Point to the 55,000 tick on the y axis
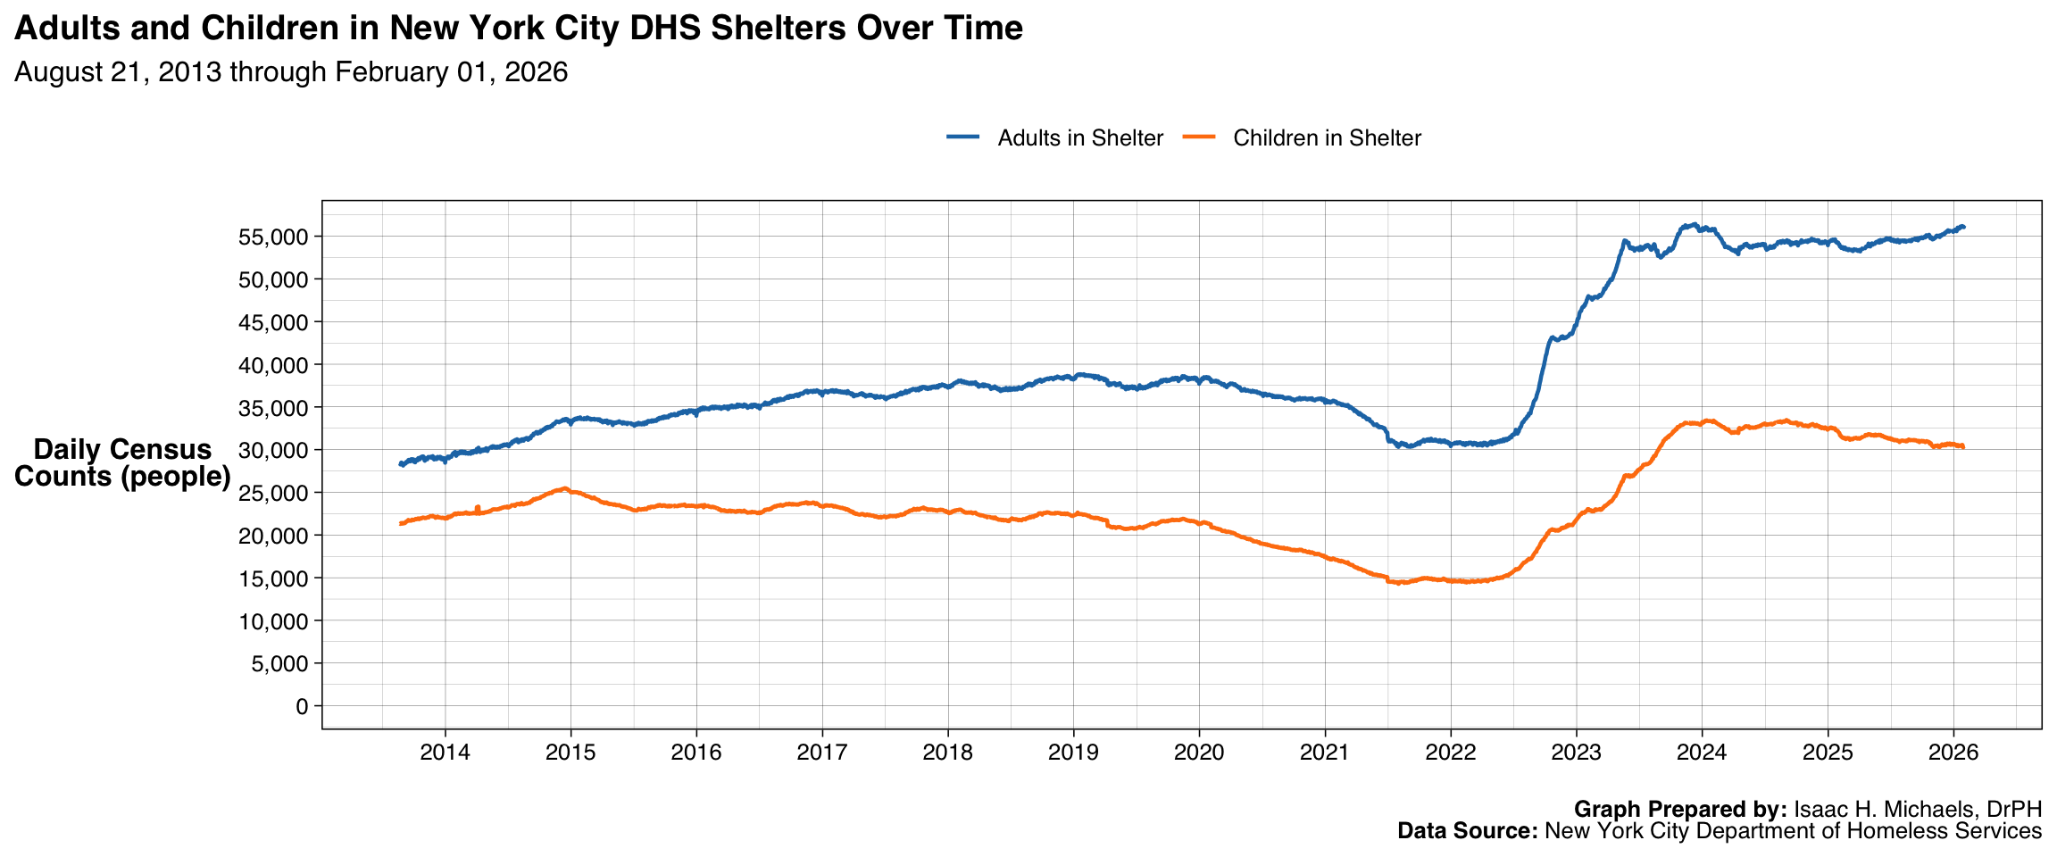(273, 237)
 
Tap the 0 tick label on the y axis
(301, 707)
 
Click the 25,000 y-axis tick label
(273, 494)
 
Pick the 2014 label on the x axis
(445, 753)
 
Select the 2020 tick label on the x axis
(1198, 753)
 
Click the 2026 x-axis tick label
(1953, 753)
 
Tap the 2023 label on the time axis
(1576, 753)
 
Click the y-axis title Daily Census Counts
(122, 462)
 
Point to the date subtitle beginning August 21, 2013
(291, 72)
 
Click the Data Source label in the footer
(1467, 831)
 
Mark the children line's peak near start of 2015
(564, 488)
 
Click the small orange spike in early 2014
(478, 507)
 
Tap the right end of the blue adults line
(1962, 227)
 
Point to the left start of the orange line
(400, 524)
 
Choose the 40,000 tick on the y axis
(273, 366)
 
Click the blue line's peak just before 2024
(1694, 225)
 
